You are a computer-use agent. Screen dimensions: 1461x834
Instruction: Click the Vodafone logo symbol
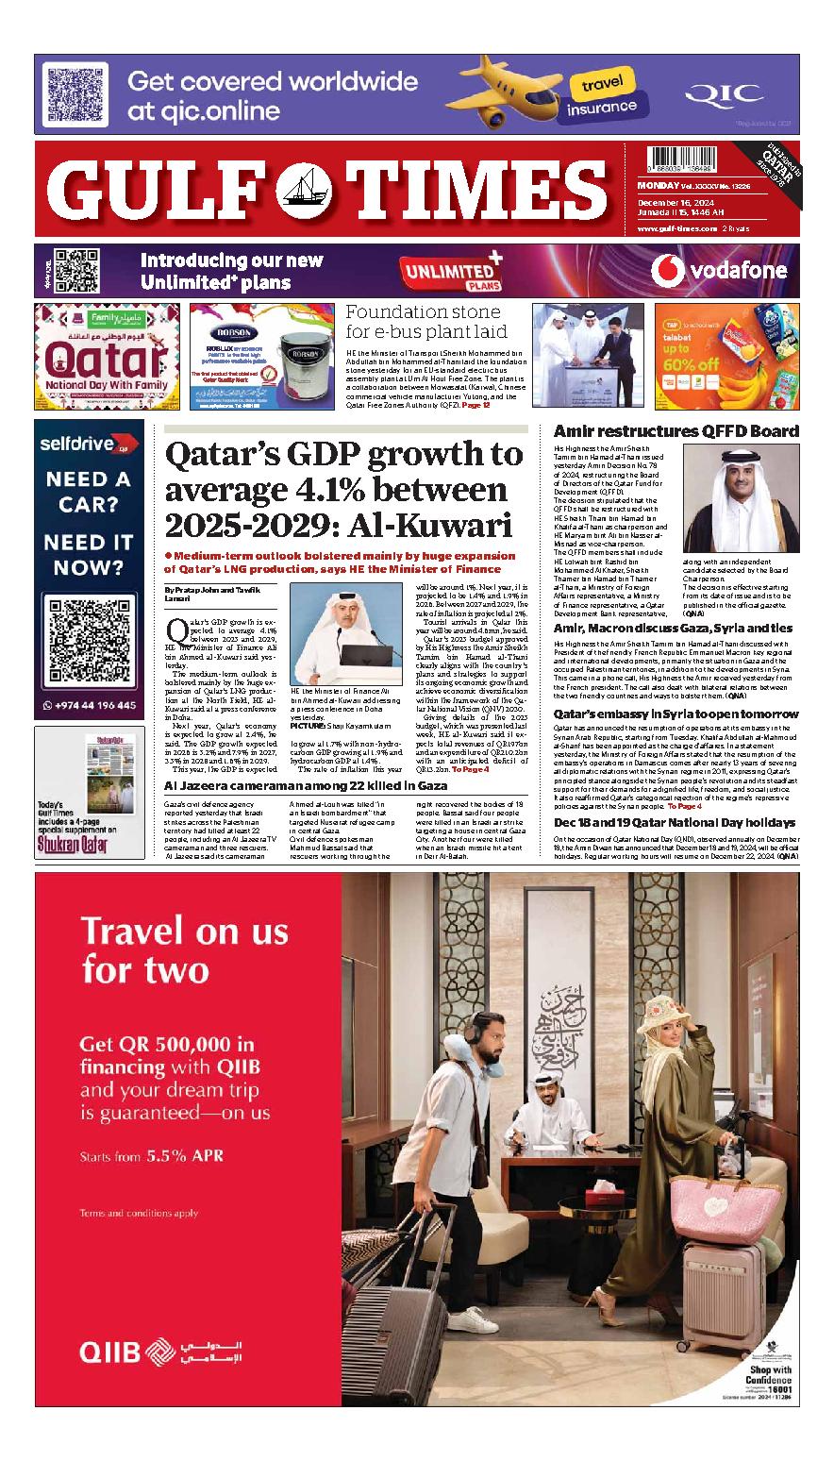coord(668,271)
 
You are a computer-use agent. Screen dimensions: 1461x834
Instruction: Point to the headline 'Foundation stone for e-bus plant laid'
coord(425,321)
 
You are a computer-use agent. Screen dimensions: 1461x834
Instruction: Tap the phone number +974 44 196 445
coord(91,705)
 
